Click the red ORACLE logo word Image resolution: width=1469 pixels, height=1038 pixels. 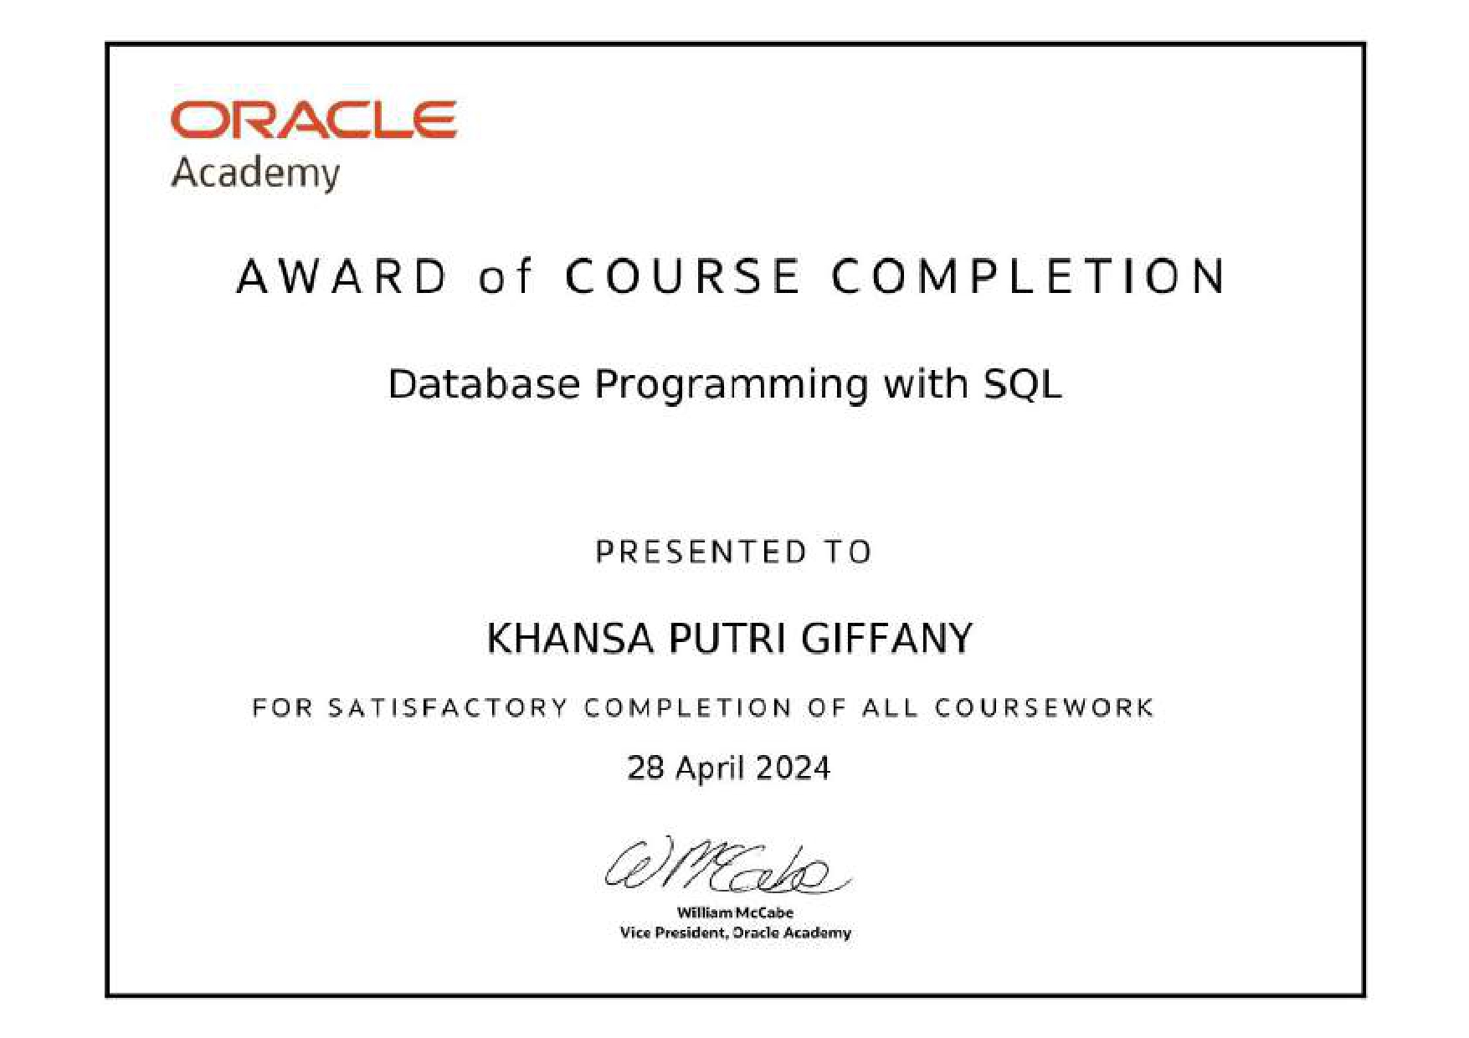pos(313,119)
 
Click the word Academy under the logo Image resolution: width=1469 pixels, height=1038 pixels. pos(255,174)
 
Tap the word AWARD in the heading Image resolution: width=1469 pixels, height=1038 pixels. pos(342,276)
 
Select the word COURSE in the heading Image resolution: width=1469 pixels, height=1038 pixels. pos(682,276)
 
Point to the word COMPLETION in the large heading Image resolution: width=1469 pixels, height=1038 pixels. pos(1029,276)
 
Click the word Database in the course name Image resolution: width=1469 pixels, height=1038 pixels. pos(484,384)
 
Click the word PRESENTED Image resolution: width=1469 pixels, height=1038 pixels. pos(701,552)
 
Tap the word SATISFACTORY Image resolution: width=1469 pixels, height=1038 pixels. pos(448,708)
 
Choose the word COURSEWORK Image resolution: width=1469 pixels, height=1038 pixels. pos(1045,708)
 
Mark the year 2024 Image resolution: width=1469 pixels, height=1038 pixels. pos(794,768)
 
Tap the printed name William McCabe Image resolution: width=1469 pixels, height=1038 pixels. pos(735,912)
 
